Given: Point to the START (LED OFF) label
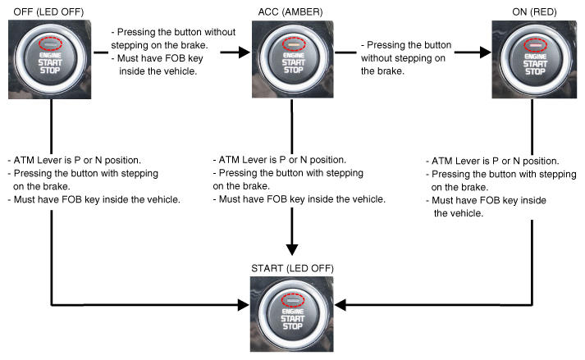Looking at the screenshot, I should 292,268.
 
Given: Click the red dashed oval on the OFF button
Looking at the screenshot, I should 51,42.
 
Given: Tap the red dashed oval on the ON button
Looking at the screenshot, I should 533,42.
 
